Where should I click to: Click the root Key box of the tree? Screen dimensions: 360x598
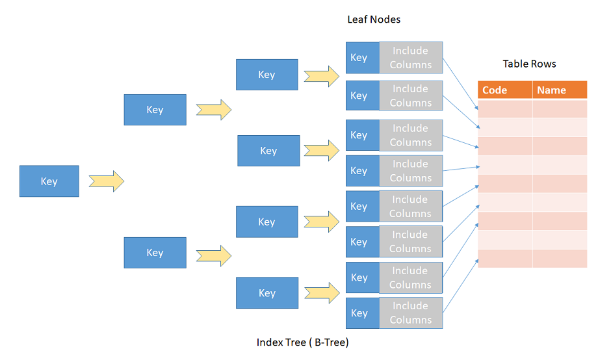coord(49,181)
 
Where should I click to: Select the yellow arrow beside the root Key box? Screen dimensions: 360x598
coord(106,181)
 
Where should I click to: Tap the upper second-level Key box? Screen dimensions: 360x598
coord(155,110)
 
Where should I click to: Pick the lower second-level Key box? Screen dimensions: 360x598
coord(155,253)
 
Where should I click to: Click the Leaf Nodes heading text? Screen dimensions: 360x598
coord(374,19)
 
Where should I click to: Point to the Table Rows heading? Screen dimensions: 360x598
coord(529,64)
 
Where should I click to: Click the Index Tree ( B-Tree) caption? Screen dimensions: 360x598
coord(302,342)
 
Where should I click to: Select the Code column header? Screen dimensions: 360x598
coord(505,90)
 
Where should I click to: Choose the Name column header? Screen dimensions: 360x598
coord(559,90)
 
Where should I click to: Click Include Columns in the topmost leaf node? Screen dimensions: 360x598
coord(411,57)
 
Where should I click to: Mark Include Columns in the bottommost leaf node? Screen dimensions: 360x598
coord(411,313)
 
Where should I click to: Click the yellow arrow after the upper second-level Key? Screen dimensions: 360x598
coord(214,110)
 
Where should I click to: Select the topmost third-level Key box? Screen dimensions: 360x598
coord(266,75)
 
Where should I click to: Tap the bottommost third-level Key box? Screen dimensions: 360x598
coord(266,293)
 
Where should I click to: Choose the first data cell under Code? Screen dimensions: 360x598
coord(505,109)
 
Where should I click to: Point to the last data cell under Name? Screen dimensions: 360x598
coord(559,259)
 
